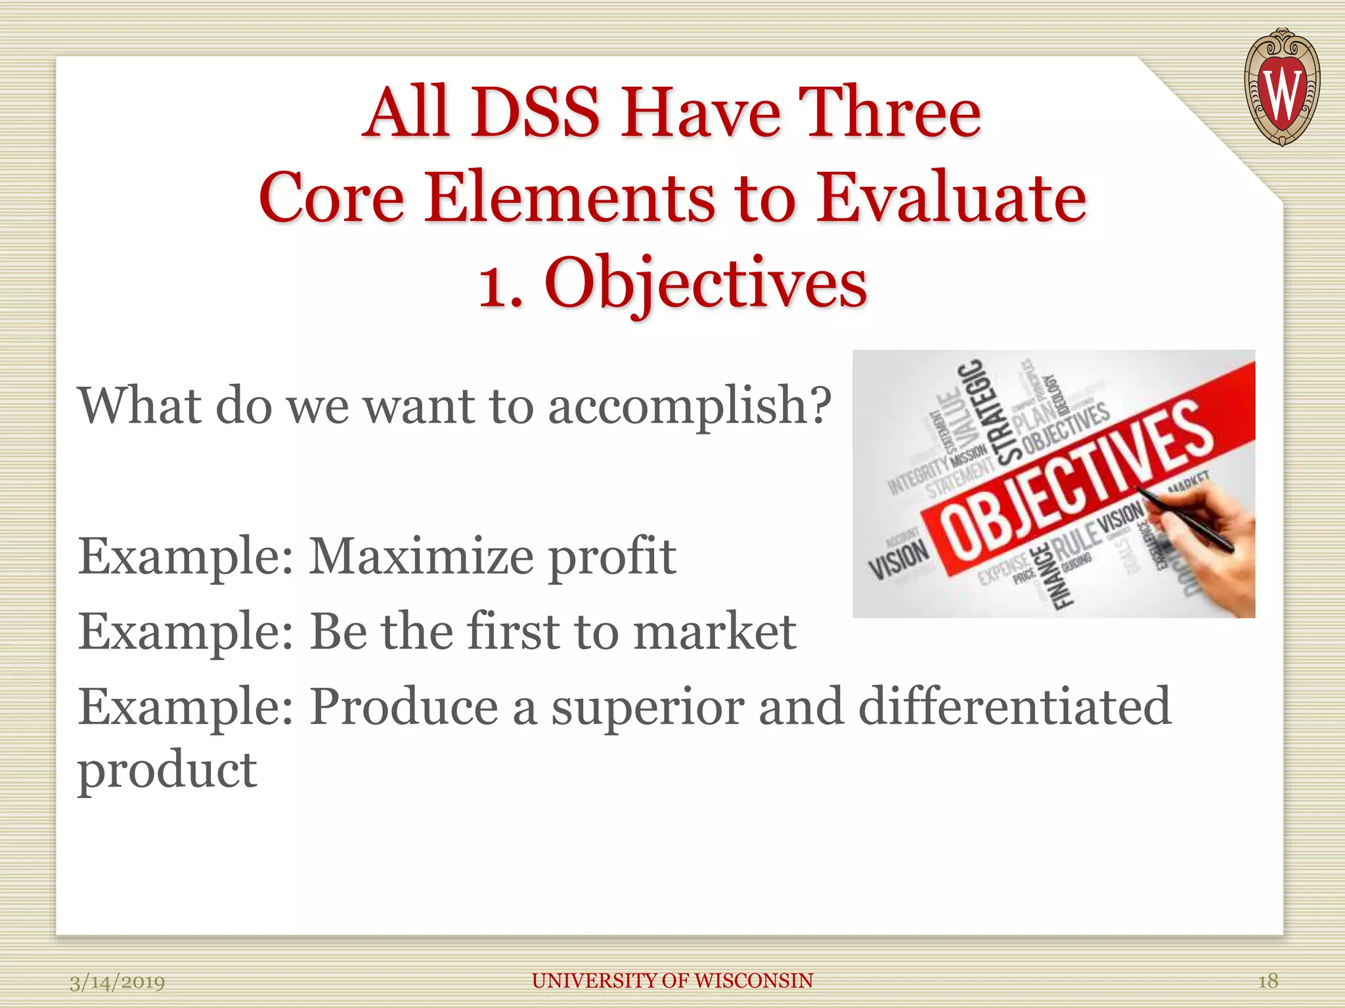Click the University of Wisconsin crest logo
[1281, 87]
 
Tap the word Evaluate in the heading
[951, 198]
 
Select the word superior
[647, 707]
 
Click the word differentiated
[1015, 706]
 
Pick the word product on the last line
[167, 770]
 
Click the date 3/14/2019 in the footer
[118, 982]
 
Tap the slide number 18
[1268, 981]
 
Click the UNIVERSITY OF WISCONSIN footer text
[672, 981]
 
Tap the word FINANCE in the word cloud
[1060, 577]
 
